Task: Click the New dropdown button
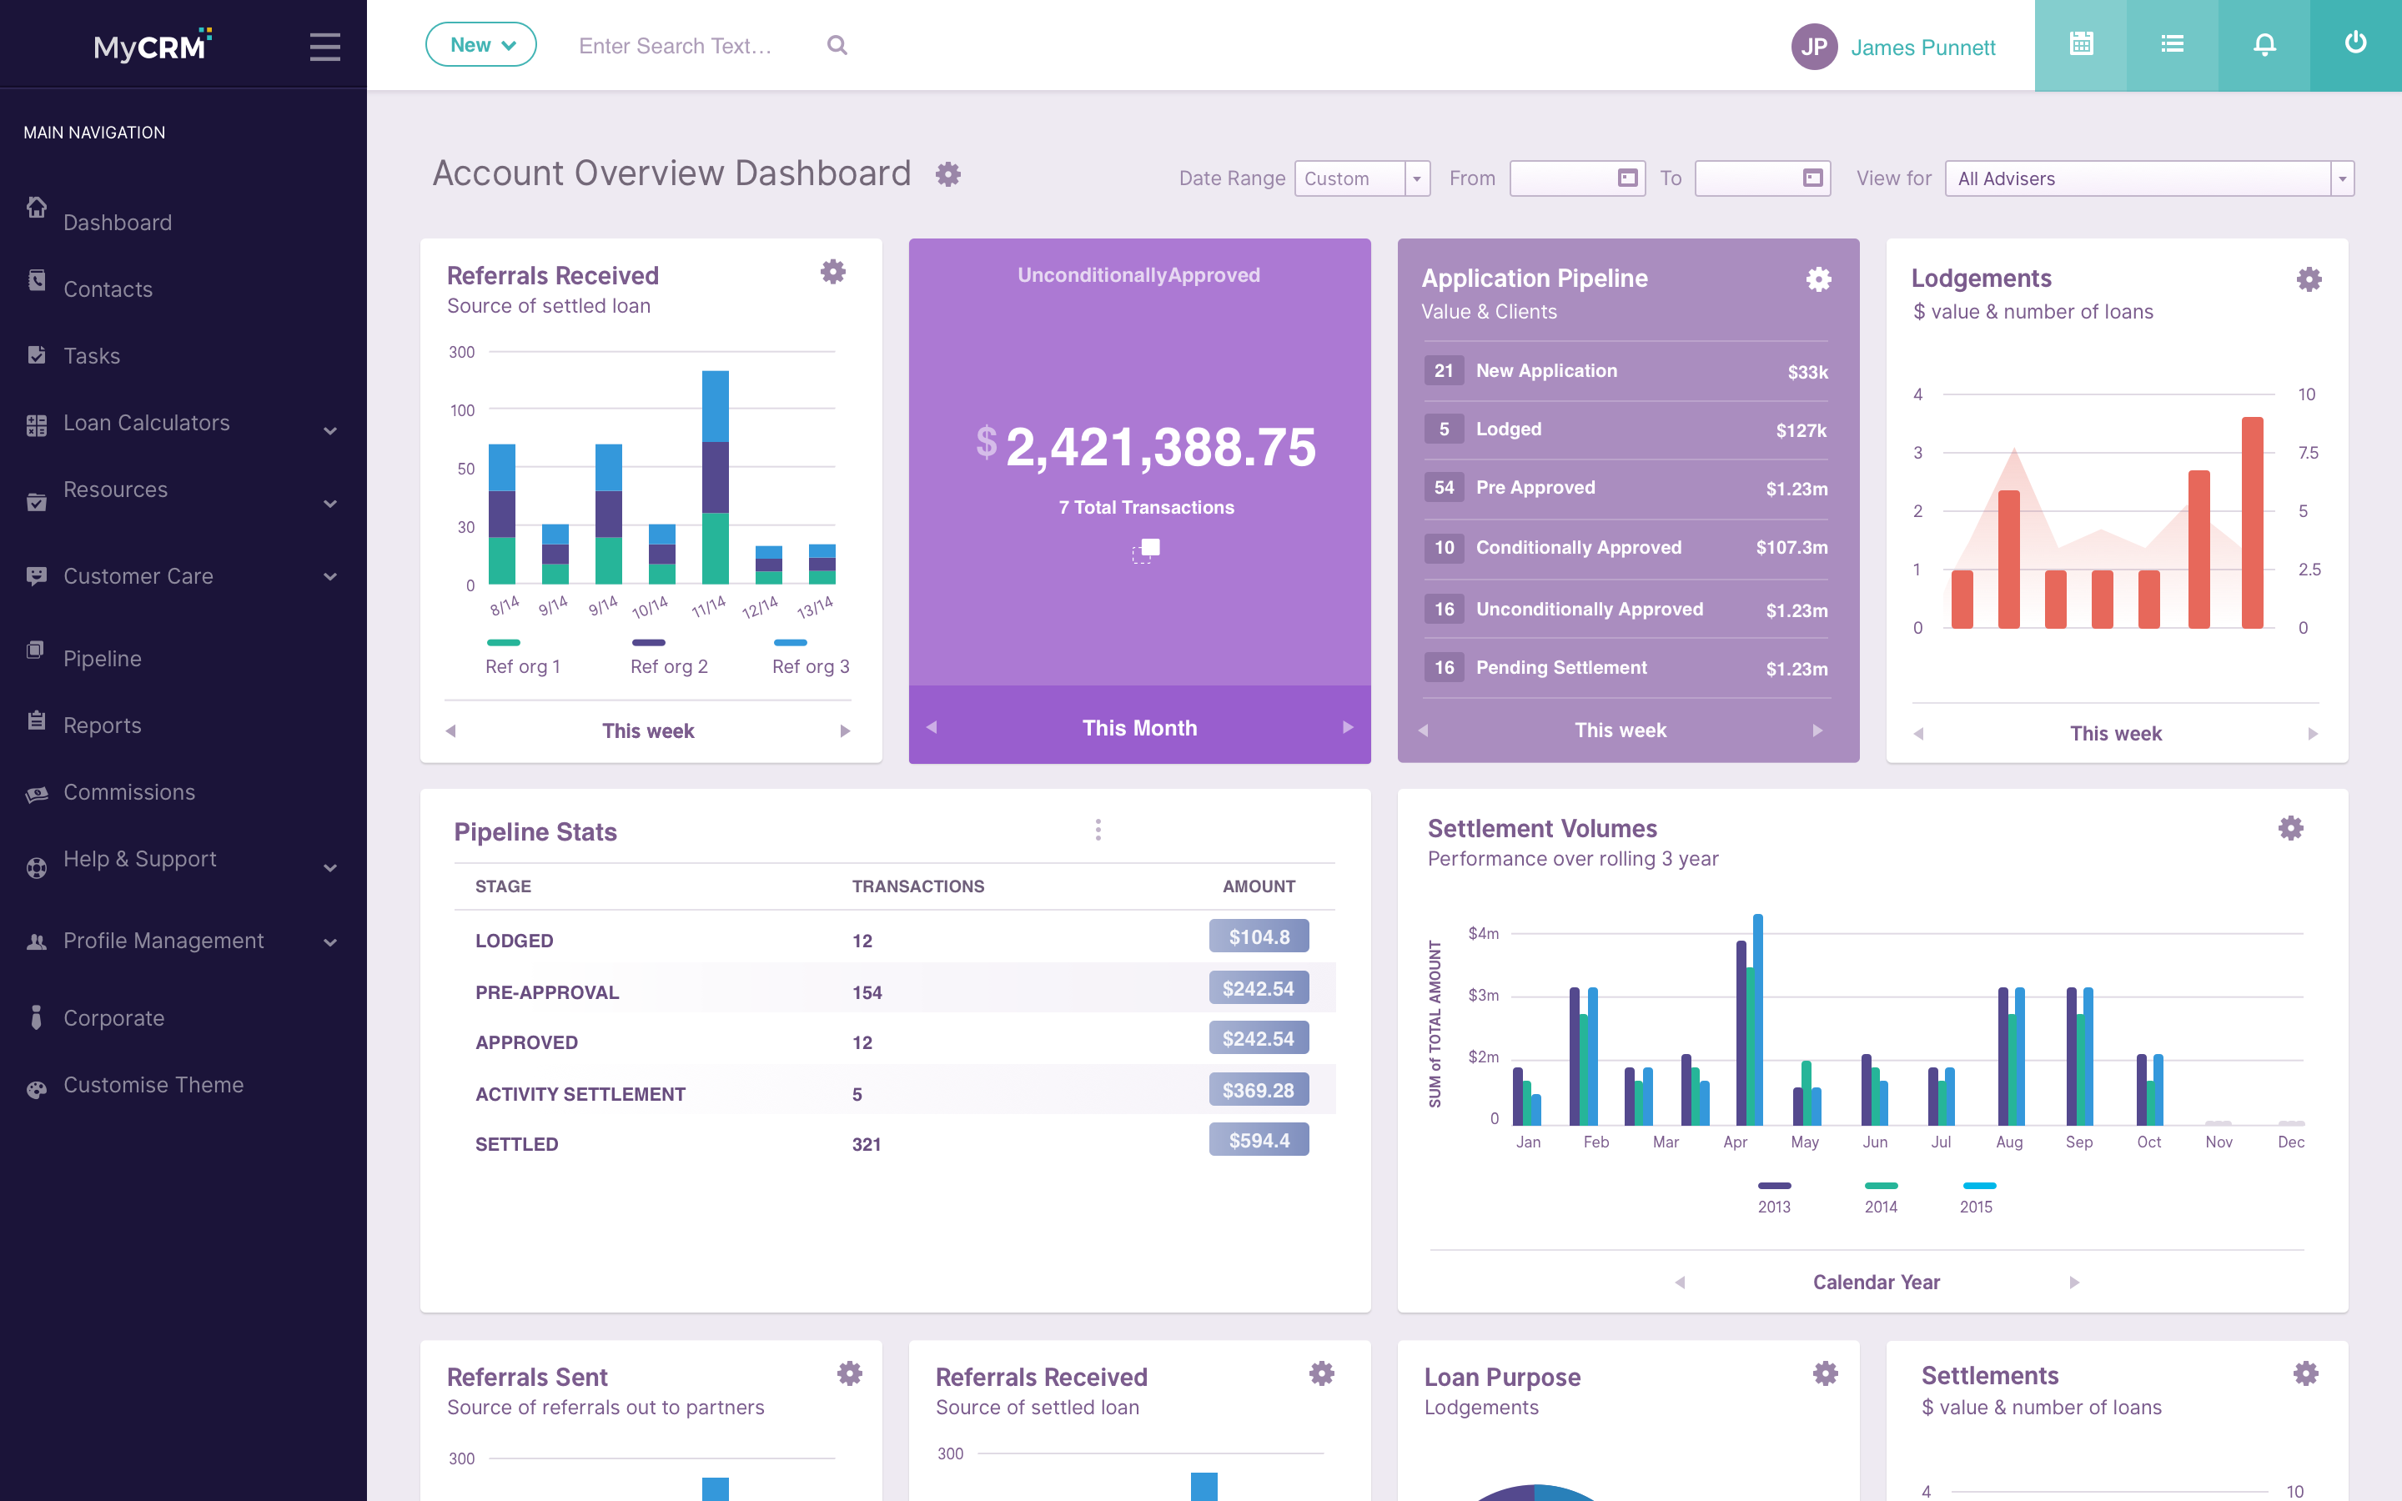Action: pos(481,45)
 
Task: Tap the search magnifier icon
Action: pos(837,46)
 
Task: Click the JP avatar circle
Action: pos(1813,47)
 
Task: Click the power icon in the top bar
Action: pos(2355,43)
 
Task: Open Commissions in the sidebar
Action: pos(129,792)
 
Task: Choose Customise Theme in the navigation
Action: pos(153,1085)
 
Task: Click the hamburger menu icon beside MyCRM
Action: pos(324,47)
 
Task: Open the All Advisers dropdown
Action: pos(2149,178)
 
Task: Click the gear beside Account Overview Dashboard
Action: pos(948,175)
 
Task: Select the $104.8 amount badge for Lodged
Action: pos(1259,936)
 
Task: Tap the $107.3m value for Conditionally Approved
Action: pos(1791,547)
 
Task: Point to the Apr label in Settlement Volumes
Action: pos(1735,1142)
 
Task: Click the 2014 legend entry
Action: pos(1881,1197)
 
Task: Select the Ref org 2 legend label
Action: pos(669,667)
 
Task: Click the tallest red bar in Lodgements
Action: pos(2252,522)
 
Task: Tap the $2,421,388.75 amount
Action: pos(1147,447)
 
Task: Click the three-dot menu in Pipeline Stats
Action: pos(1098,830)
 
